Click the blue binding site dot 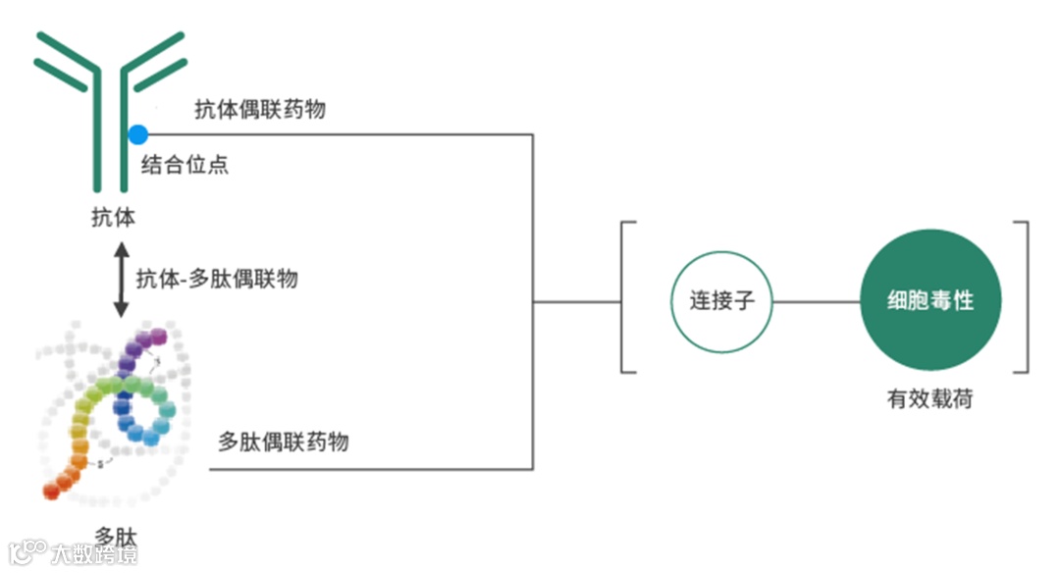pos(137,134)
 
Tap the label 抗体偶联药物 pos(259,110)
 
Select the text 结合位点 pos(185,164)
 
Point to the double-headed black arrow pos(121,281)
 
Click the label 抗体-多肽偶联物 pos(217,279)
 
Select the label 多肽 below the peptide pos(116,536)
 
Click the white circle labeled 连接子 pos(721,300)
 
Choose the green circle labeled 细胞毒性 pos(930,300)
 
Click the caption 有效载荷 pos(929,399)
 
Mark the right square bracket pos(1025,297)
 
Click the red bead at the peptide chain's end pos(49,490)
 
